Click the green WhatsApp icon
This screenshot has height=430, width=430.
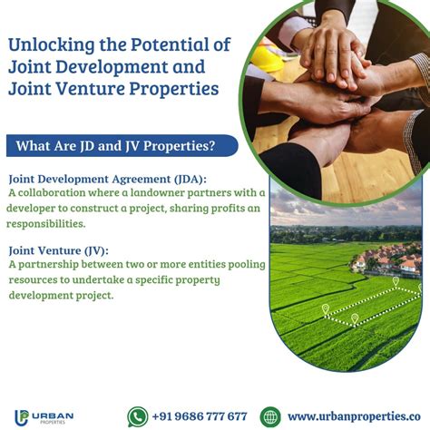tap(138, 416)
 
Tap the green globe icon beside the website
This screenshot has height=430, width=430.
tap(269, 416)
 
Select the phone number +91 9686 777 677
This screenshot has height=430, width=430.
tap(200, 416)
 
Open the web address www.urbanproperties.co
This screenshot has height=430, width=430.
tap(354, 416)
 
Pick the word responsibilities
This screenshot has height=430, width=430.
tap(46, 223)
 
